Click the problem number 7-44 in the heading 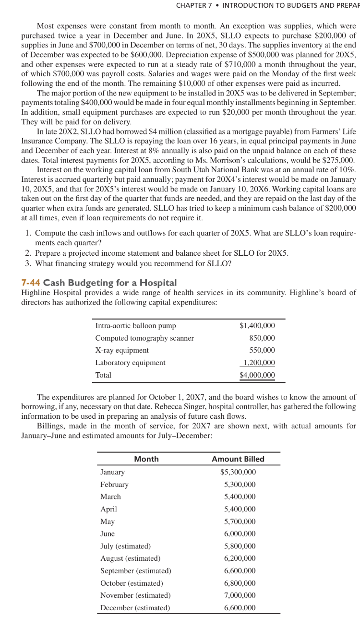click(31, 283)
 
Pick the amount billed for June click(240, 533)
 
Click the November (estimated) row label click(135, 595)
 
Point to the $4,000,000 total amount click(257, 375)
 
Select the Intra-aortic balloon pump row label click(135, 326)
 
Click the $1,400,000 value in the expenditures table click(257, 326)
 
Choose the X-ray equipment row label click(122, 350)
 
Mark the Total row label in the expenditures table click(103, 375)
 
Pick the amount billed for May click(240, 521)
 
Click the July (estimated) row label click(125, 546)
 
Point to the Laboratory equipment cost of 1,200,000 click(259, 363)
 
